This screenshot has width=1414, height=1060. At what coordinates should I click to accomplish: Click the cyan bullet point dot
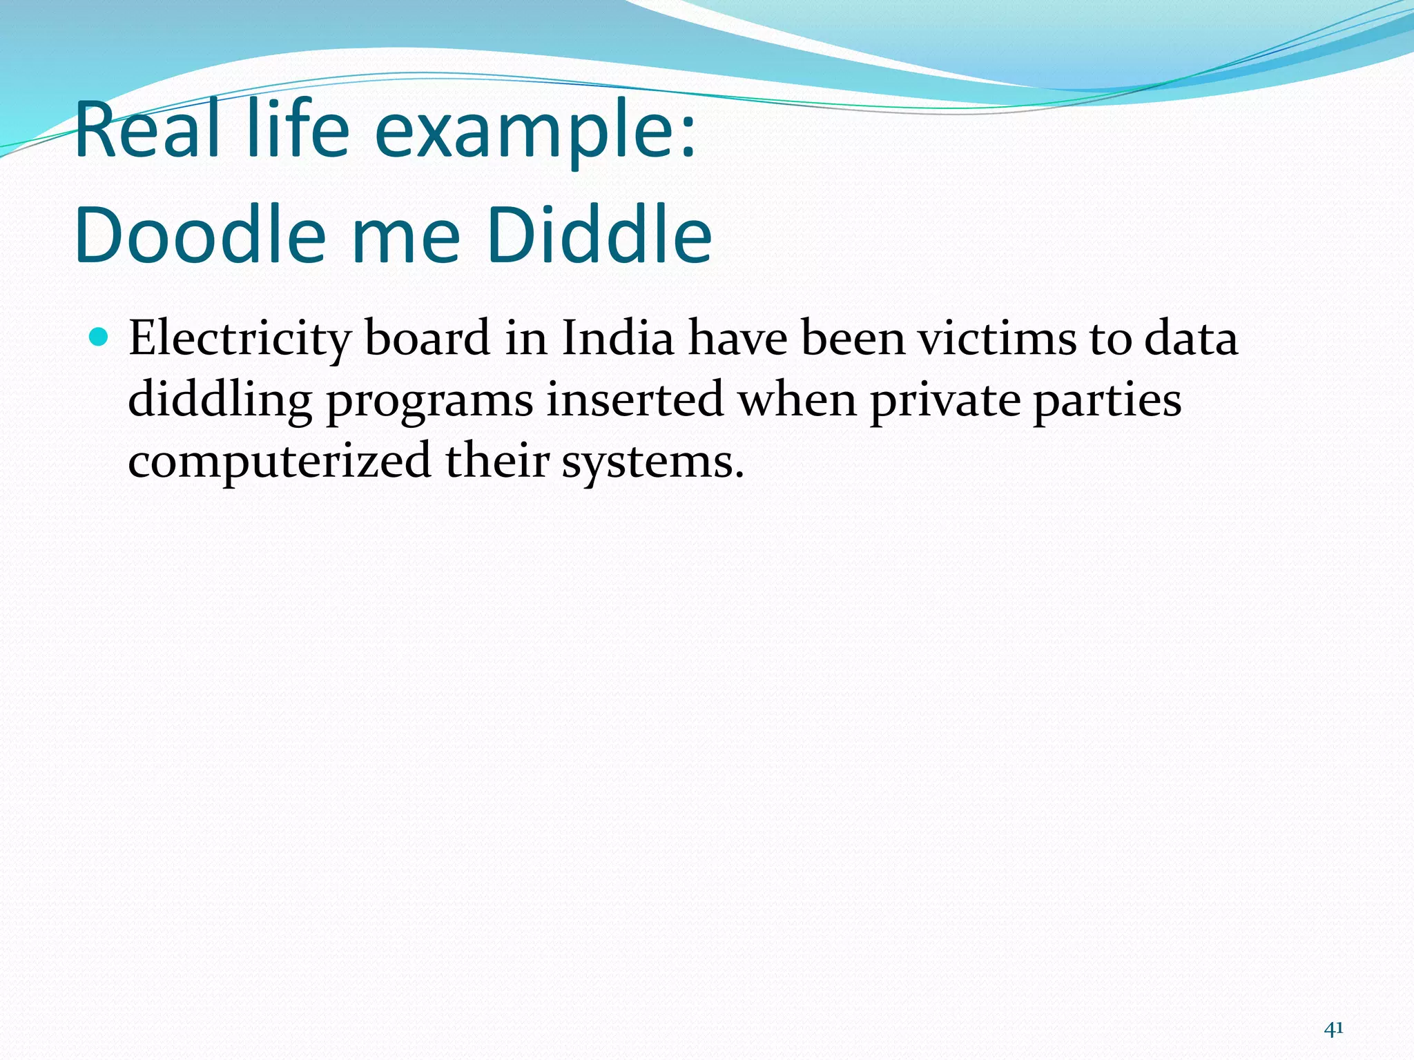(99, 337)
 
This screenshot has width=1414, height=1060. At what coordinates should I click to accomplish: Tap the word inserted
(635, 400)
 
